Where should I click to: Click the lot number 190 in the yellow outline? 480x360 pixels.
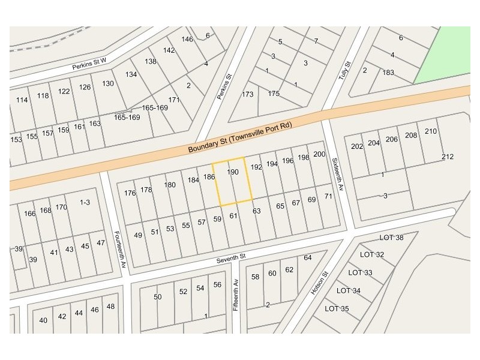(233, 172)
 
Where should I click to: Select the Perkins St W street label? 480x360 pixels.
(89, 64)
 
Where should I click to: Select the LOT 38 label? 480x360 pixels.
(391, 238)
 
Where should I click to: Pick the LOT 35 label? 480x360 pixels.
(337, 308)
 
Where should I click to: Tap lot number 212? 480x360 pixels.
(447, 157)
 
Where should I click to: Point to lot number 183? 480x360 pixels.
(388, 73)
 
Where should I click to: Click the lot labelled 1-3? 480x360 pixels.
(85, 202)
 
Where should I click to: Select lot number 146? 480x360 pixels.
(187, 39)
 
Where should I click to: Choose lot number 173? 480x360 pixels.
(247, 94)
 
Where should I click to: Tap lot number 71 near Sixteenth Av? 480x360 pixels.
(328, 196)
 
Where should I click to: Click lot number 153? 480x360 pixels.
(16, 139)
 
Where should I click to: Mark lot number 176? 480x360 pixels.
(130, 193)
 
